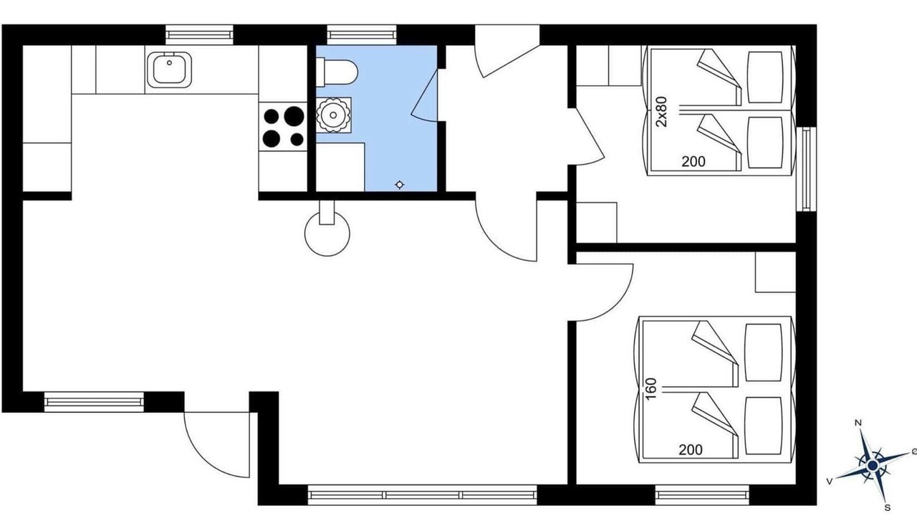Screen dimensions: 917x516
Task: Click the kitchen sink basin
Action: (169, 70)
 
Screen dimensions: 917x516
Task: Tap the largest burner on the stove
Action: (294, 115)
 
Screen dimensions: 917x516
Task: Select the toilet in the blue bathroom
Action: (337, 72)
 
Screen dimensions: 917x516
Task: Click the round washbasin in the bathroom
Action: (334, 115)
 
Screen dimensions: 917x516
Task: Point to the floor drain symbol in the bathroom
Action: (400, 185)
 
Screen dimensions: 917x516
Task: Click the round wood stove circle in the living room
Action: (327, 234)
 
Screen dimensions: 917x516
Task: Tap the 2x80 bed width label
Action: (661, 111)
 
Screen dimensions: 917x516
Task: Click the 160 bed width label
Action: (650, 388)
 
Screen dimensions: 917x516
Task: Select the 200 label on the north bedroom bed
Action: (693, 162)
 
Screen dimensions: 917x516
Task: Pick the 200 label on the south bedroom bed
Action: (691, 450)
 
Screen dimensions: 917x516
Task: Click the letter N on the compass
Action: (859, 423)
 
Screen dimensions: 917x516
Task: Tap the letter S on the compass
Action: (888, 508)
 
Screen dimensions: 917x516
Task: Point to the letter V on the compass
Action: (830, 482)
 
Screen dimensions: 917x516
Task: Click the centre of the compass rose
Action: (873, 465)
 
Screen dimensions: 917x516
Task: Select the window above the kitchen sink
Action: (199, 35)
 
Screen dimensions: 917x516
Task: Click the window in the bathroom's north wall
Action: (362, 35)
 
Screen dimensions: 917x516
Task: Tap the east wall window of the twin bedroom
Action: (806, 169)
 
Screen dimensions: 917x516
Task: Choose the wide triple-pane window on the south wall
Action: (422, 494)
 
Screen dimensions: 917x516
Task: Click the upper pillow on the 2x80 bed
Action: (765, 77)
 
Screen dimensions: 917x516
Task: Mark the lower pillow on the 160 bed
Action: (763, 426)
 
